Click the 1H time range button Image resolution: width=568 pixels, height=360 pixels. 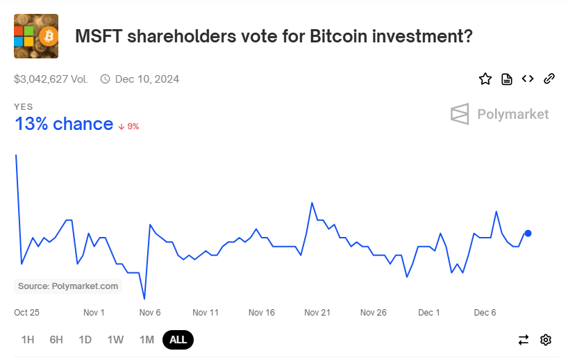(28, 340)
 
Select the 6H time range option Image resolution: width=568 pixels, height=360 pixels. (56, 340)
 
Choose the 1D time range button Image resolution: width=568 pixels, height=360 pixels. (85, 340)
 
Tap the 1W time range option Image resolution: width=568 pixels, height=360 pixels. (115, 340)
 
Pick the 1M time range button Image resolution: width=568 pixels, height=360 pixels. (147, 340)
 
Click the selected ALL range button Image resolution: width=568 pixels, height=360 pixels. (178, 340)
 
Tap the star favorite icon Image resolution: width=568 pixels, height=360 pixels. (485, 79)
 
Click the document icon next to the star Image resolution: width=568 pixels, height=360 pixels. (507, 79)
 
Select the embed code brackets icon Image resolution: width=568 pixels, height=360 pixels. (528, 79)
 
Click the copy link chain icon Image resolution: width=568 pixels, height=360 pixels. (549, 79)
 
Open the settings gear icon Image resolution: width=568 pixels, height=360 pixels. (546, 340)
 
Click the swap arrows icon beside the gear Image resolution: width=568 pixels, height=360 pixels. (524, 340)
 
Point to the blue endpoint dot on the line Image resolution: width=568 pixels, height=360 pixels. (528, 234)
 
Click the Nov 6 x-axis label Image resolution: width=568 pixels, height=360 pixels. (150, 313)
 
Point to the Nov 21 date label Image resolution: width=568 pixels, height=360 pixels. (317, 313)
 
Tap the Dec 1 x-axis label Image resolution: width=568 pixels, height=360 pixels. (429, 313)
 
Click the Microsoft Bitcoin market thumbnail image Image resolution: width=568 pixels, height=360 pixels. (36, 36)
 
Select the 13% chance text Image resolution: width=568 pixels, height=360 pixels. (64, 124)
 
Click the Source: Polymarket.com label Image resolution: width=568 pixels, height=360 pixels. (68, 286)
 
